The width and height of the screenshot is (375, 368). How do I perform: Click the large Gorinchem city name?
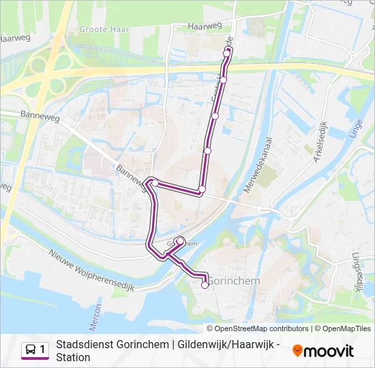[233, 281]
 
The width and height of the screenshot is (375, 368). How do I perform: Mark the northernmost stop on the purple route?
[228, 51]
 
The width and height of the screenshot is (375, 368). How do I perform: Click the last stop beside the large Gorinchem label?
[205, 286]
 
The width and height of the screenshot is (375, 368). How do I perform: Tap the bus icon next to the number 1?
[31, 350]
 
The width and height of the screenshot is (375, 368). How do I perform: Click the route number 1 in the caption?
[42, 350]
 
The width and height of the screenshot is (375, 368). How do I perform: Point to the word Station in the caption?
[73, 357]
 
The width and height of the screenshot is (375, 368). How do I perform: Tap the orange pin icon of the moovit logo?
[297, 351]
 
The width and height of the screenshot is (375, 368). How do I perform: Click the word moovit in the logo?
[329, 351]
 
